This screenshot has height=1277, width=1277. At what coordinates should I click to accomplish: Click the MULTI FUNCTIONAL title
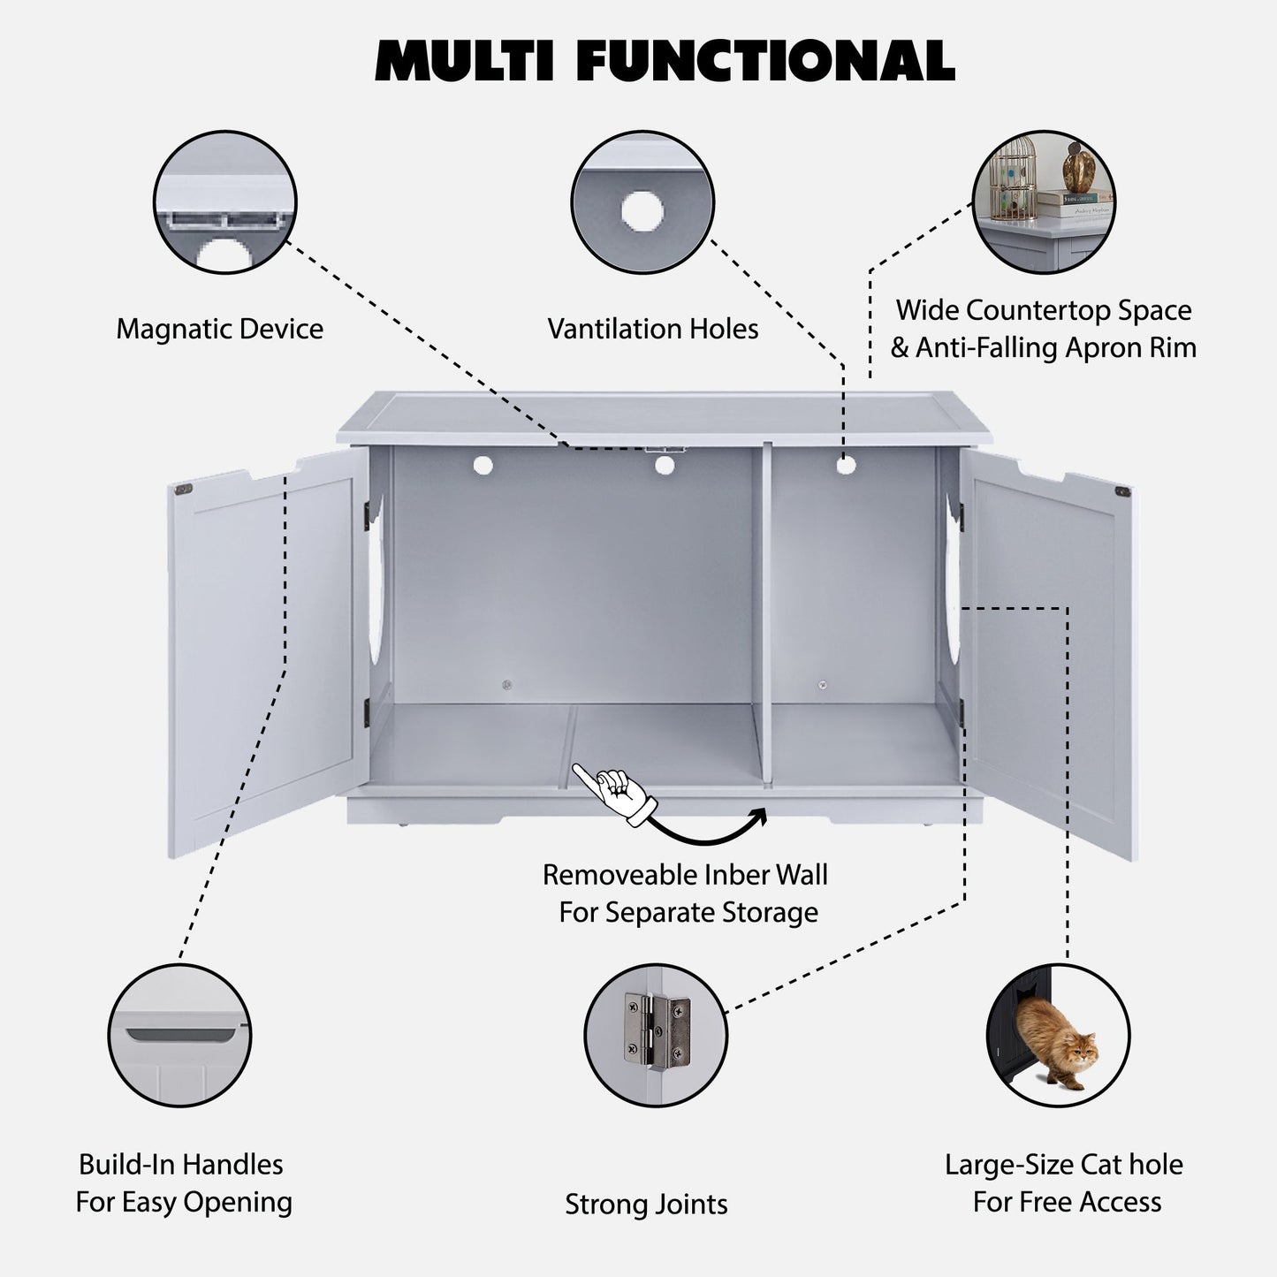pos(665,62)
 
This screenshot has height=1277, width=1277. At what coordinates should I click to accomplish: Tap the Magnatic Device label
pos(219,329)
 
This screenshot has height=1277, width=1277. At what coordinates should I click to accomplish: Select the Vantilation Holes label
pos(652,329)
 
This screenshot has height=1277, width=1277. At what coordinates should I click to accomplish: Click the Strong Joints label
pos(646,1204)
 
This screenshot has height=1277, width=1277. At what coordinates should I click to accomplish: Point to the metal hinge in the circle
pos(657,1029)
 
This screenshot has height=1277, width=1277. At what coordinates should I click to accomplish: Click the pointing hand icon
pos(617,792)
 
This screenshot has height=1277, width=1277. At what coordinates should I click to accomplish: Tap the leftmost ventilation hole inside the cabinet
pos(483,464)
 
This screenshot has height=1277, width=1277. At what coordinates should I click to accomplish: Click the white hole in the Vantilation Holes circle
pos(642,211)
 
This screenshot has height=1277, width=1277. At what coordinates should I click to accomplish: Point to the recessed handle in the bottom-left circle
pos(180,1033)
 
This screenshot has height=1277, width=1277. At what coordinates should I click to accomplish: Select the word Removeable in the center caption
pos(610,875)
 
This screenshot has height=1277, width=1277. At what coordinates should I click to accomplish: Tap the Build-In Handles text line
pos(181,1164)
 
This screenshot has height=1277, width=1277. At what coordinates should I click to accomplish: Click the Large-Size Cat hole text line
pos(1063,1164)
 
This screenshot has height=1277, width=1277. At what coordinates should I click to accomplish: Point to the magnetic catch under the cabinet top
pos(665,448)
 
